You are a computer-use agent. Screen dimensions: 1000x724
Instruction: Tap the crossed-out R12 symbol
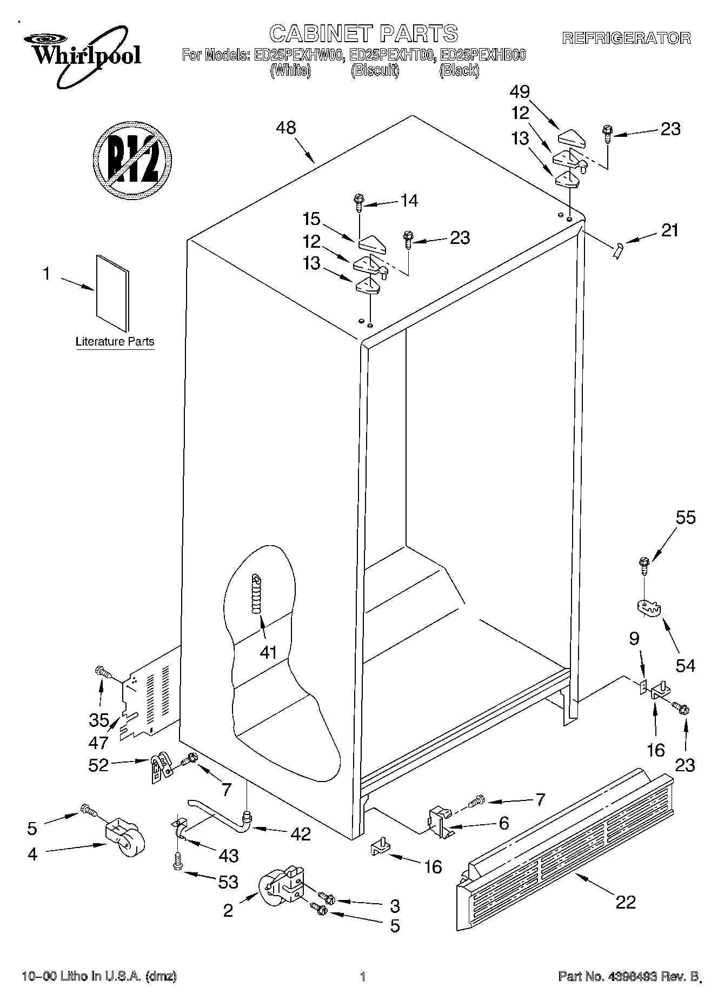pos(132,159)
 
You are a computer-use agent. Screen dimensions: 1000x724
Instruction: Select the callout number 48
pos(285,128)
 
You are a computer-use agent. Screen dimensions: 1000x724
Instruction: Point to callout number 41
pos(268,652)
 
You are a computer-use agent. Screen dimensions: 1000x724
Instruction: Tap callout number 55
pos(685,518)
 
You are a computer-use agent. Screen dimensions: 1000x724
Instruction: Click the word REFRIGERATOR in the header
pos(626,38)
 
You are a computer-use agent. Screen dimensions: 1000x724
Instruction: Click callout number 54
pos(685,665)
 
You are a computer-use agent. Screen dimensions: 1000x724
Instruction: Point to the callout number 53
pos(228,882)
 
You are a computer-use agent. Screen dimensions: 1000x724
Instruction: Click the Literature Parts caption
pos(115,341)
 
